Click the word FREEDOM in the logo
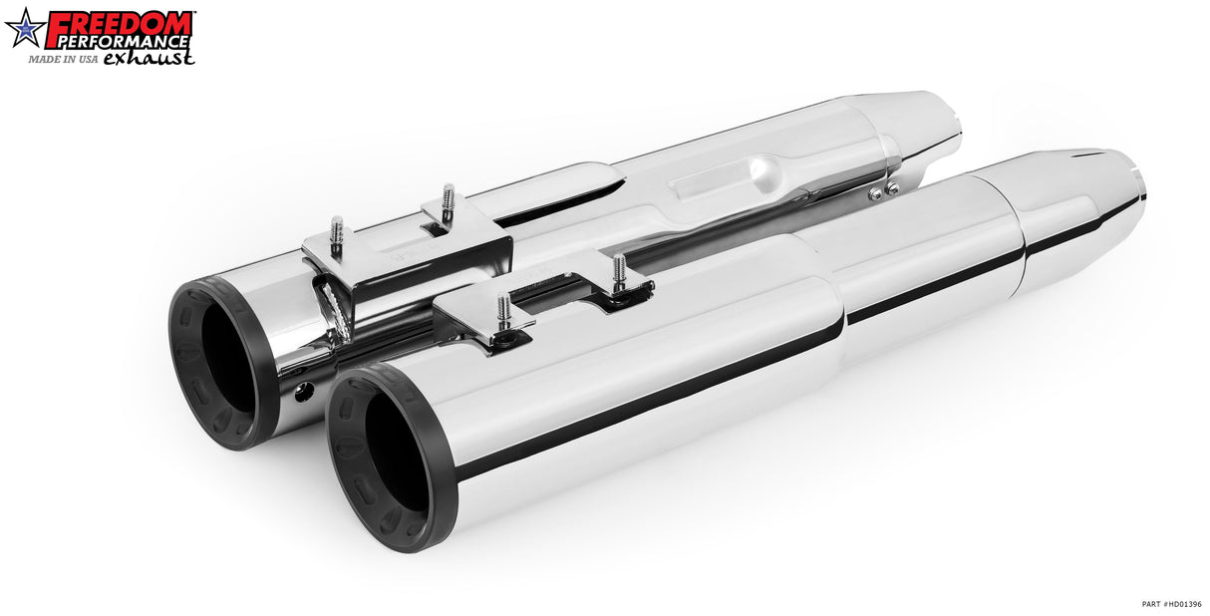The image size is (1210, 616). coord(120,23)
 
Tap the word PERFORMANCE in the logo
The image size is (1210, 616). coord(124,42)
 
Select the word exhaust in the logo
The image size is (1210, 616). coord(148,57)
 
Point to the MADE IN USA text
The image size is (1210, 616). coord(63,59)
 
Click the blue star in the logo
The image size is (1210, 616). coord(25,28)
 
